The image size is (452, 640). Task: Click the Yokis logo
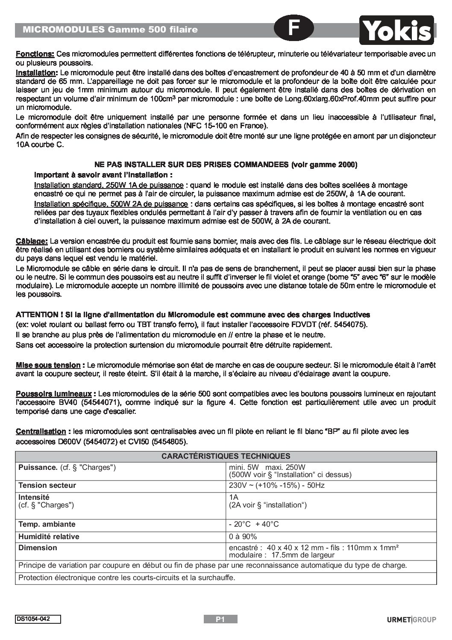click(396, 30)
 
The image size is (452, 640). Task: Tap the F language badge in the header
click(294, 28)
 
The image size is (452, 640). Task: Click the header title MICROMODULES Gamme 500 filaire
click(110, 29)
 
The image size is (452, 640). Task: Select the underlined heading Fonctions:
click(35, 54)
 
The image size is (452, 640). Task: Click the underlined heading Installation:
click(36, 73)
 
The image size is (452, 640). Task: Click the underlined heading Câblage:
click(32, 241)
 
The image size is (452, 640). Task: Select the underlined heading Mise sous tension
click(48, 365)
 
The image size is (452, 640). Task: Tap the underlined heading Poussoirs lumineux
click(53, 393)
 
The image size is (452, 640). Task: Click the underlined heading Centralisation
click(41, 431)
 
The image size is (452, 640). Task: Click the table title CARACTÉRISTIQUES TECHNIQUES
click(226, 456)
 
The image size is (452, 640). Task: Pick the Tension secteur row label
click(47, 485)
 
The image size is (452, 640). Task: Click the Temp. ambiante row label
click(47, 524)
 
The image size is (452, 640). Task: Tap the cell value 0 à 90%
click(243, 537)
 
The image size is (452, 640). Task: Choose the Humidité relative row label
click(49, 537)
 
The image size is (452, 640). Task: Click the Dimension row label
click(38, 548)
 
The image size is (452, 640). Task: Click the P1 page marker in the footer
click(220, 619)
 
